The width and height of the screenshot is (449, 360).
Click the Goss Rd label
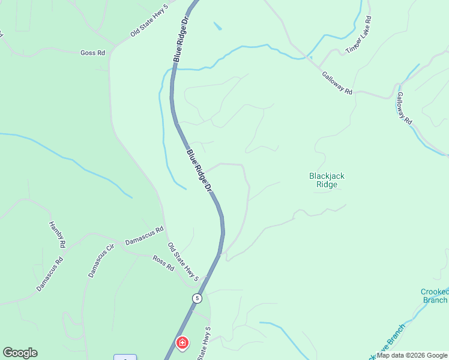point(92,53)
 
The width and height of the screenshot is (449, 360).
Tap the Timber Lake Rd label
point(358,35)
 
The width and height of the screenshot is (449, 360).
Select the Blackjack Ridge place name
point(327,180)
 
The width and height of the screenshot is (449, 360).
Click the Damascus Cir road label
point(101,263)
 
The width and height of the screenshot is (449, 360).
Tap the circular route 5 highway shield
point(197,298)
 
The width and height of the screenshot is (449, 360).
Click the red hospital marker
point(181,343)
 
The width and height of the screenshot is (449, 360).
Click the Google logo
point(20,353)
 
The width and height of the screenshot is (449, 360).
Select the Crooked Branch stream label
point(434,295)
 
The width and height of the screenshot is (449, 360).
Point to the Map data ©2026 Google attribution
point(412,355)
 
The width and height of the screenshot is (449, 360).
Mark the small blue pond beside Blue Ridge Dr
point(217,26)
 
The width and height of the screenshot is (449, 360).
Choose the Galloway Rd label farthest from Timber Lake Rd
point(404,108)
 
